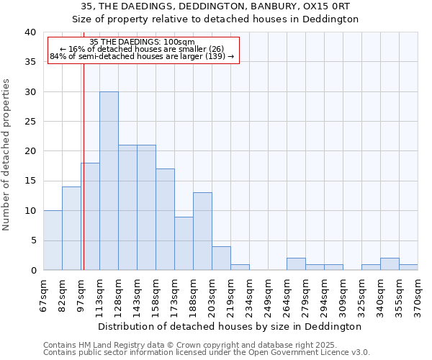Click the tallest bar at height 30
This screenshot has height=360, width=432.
coord(109,181)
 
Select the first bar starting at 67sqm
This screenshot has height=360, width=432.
coord(53,240)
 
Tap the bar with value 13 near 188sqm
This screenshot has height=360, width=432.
coord(202,231)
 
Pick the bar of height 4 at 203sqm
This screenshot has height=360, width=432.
coord(221,258)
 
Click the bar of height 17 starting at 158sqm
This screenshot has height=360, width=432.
coord(165,220)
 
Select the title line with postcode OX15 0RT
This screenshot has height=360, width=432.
coord(216,6)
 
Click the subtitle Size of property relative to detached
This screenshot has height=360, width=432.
coord(216,19)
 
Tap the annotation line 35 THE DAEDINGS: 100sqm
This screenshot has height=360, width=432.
coord(142,42)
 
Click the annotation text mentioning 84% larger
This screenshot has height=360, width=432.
coord(142,56)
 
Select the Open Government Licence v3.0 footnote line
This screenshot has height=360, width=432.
coord(207,353)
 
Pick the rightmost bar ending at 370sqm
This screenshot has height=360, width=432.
coord(408,267)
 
